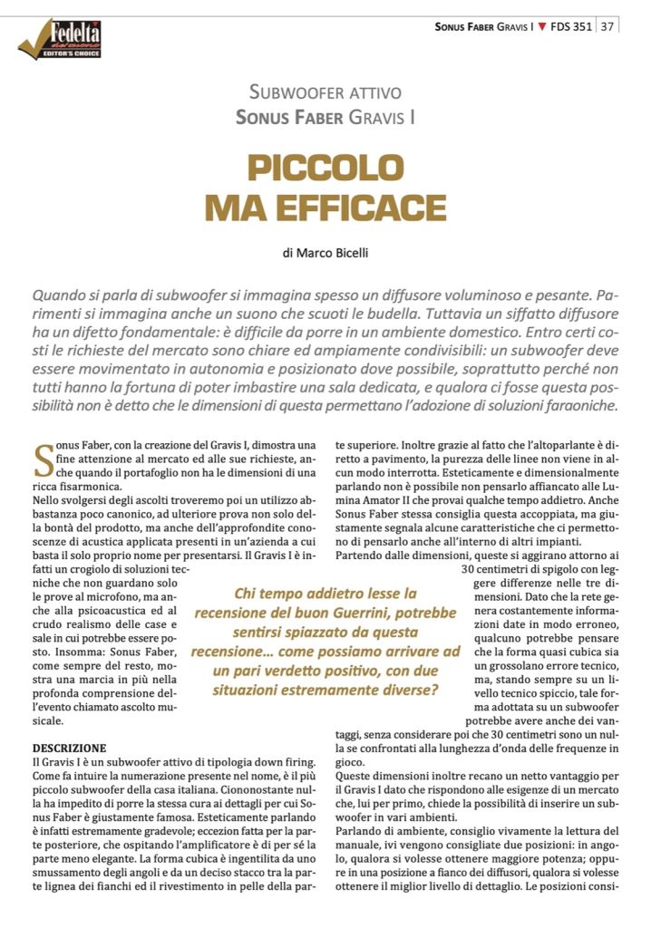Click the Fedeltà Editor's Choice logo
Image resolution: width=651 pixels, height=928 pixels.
click(x=61, y=39)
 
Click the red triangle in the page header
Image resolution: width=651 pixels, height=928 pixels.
click(x=541, y=26)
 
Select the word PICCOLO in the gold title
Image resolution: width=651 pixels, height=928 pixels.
click(x=325, y=168)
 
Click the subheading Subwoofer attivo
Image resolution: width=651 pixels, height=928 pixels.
click(x=325, y=92)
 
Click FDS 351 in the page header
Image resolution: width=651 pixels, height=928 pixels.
click(x=571, y=26)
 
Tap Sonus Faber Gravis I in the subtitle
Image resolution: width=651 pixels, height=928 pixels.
click(x=325, y=117)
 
